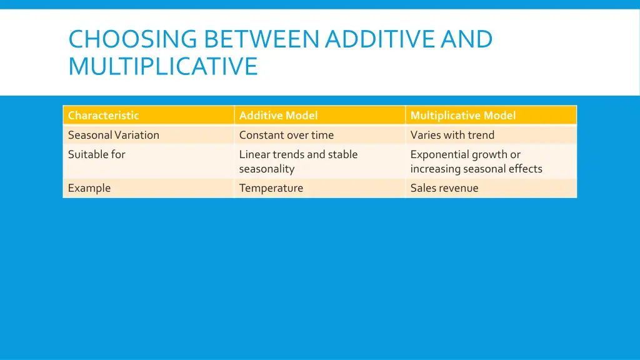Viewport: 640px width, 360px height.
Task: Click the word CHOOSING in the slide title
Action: tap(133, 39)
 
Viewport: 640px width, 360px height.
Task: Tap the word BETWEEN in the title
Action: tap(261, 39)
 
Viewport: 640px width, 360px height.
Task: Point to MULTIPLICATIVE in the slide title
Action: tap(162, 66)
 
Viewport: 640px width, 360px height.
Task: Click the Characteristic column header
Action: tap(103, 116)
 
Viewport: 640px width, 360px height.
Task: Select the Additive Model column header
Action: tap(278, 116)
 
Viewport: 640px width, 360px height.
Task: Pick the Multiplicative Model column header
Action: tap(462, 116)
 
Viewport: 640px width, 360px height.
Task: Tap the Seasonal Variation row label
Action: tap(113, 135)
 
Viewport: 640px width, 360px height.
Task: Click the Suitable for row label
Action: tap(96, 154)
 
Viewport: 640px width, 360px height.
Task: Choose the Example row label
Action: tap(89, 188)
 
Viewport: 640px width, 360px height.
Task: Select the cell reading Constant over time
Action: tap(286, 135)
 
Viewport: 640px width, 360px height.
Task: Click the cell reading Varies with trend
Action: tap(452, 135)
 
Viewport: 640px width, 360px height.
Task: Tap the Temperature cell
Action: tap(271, 188)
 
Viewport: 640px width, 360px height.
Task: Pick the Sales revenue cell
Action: tap(444, 188)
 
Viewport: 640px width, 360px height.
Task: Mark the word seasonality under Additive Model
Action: tap(266, 169)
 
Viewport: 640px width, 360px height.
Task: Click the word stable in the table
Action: tap(342, 154)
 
